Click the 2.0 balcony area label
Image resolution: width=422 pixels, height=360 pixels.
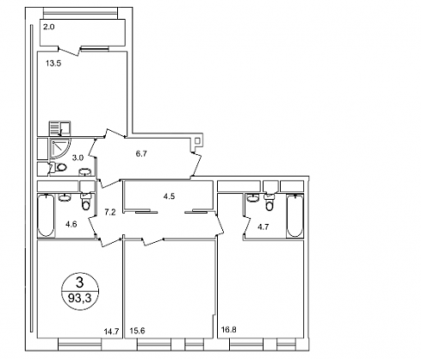(x=49, y=28)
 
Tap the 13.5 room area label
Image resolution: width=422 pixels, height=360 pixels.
(x=53, y=63)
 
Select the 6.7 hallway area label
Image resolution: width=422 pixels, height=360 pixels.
(x=141, y=154)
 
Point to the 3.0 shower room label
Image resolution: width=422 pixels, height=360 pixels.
(x=78, y=158)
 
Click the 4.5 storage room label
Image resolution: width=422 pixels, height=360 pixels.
(x=169, y=196)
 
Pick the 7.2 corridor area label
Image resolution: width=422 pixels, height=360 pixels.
(x=110, y=213)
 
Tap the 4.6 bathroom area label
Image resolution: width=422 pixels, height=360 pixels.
(x=71, y=224)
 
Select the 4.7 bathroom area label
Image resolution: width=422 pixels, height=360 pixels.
(x=263, y=227)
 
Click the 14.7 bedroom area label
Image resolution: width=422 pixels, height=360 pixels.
(x=111, y=332)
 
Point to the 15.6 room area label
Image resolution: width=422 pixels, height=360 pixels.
(x=138, y=331)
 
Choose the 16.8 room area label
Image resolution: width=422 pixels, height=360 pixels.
(x=229, y=330)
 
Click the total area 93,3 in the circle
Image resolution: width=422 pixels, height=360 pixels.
(x=79, y=298)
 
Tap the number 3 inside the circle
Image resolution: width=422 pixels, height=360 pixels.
(x=79, y=282)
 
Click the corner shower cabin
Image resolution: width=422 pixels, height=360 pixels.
(x=59, y=149)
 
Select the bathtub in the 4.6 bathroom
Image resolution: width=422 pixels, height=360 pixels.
(x=46, y=215)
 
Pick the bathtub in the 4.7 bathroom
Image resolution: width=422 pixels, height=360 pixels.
(x=295, y=215)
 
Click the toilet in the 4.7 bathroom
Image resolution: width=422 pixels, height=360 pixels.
(x=270, y=202)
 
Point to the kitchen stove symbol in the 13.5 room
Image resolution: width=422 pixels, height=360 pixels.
(x=54, y=127)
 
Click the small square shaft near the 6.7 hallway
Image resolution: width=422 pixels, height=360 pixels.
(x=197, y=140)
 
